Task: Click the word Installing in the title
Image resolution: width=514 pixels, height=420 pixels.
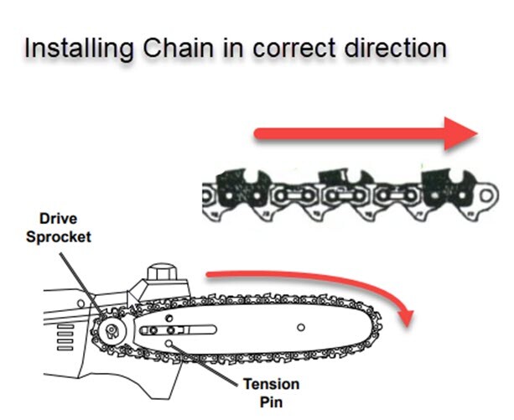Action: pos(79,49)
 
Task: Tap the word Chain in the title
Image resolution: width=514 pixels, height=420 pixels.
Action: pos(179,48)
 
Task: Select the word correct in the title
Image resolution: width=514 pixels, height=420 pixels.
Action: pos(294,49)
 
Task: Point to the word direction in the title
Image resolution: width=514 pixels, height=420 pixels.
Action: pos(396,48)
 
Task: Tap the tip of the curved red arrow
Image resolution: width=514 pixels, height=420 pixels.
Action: pos(408,326)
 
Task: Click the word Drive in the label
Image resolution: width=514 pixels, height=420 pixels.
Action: pos(59,219)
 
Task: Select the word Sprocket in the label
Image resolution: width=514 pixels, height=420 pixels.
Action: pos(59,237)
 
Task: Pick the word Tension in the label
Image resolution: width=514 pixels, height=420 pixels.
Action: pos(272,384)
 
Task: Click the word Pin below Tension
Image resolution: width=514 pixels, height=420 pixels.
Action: pos(272,402)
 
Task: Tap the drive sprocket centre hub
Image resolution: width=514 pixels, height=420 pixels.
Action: pos(112,330)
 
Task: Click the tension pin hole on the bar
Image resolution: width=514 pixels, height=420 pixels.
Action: pos(169,344)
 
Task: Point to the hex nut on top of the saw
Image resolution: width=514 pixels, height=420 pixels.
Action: pos(162,272)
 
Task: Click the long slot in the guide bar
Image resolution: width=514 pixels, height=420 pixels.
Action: pos(178,329)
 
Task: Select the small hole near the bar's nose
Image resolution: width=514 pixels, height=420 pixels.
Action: pos(300,327)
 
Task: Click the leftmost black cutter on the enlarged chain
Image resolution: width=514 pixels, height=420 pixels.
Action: pos(243,189)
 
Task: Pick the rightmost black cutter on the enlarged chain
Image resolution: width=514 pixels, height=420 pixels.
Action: pos(449,188)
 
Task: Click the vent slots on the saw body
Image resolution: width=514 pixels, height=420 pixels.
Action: pos(65,338)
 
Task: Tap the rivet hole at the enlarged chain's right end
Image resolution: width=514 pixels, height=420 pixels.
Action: pos(486,196)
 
